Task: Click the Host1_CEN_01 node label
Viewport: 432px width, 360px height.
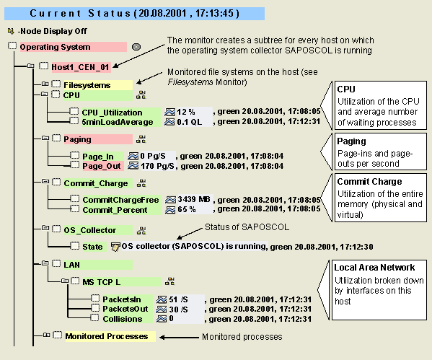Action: click(x=81, y=67)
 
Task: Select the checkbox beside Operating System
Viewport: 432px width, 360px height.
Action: click(x=12, y=45)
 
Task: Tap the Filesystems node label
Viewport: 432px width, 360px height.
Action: click(x=87, y=85)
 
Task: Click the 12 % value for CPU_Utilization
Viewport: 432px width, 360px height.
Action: click(x=186, y=112)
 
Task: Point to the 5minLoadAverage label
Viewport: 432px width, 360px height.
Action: click(x=118, y=122)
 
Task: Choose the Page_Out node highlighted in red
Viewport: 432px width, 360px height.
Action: click(x=102, y=166)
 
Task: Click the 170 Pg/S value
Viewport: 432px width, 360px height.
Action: click(x=158, y=166)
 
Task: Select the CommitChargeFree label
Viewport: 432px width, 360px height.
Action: click(x=120, y=200)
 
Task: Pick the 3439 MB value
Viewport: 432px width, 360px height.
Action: click(x=194, y=199)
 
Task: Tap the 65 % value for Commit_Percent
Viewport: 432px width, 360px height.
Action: click(x=187, y=209)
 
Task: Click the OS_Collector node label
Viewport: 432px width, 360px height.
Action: click(x=90, y=230)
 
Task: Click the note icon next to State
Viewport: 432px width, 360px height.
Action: click(x=115, y=247)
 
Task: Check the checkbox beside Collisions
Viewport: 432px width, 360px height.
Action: click(x=94, y=317)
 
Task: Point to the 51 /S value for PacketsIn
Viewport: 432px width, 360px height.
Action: click(x=179, y=299)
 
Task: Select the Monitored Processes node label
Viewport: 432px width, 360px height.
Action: click(x=107, y=336)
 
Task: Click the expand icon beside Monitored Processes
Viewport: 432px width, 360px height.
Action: click(x=46, y=335)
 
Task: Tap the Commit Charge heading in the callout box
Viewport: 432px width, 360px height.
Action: click(x=369, y=181)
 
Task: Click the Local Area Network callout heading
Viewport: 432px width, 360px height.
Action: click(x=374, y=268)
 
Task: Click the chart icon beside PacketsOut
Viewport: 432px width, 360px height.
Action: click(x=162, y=309)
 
